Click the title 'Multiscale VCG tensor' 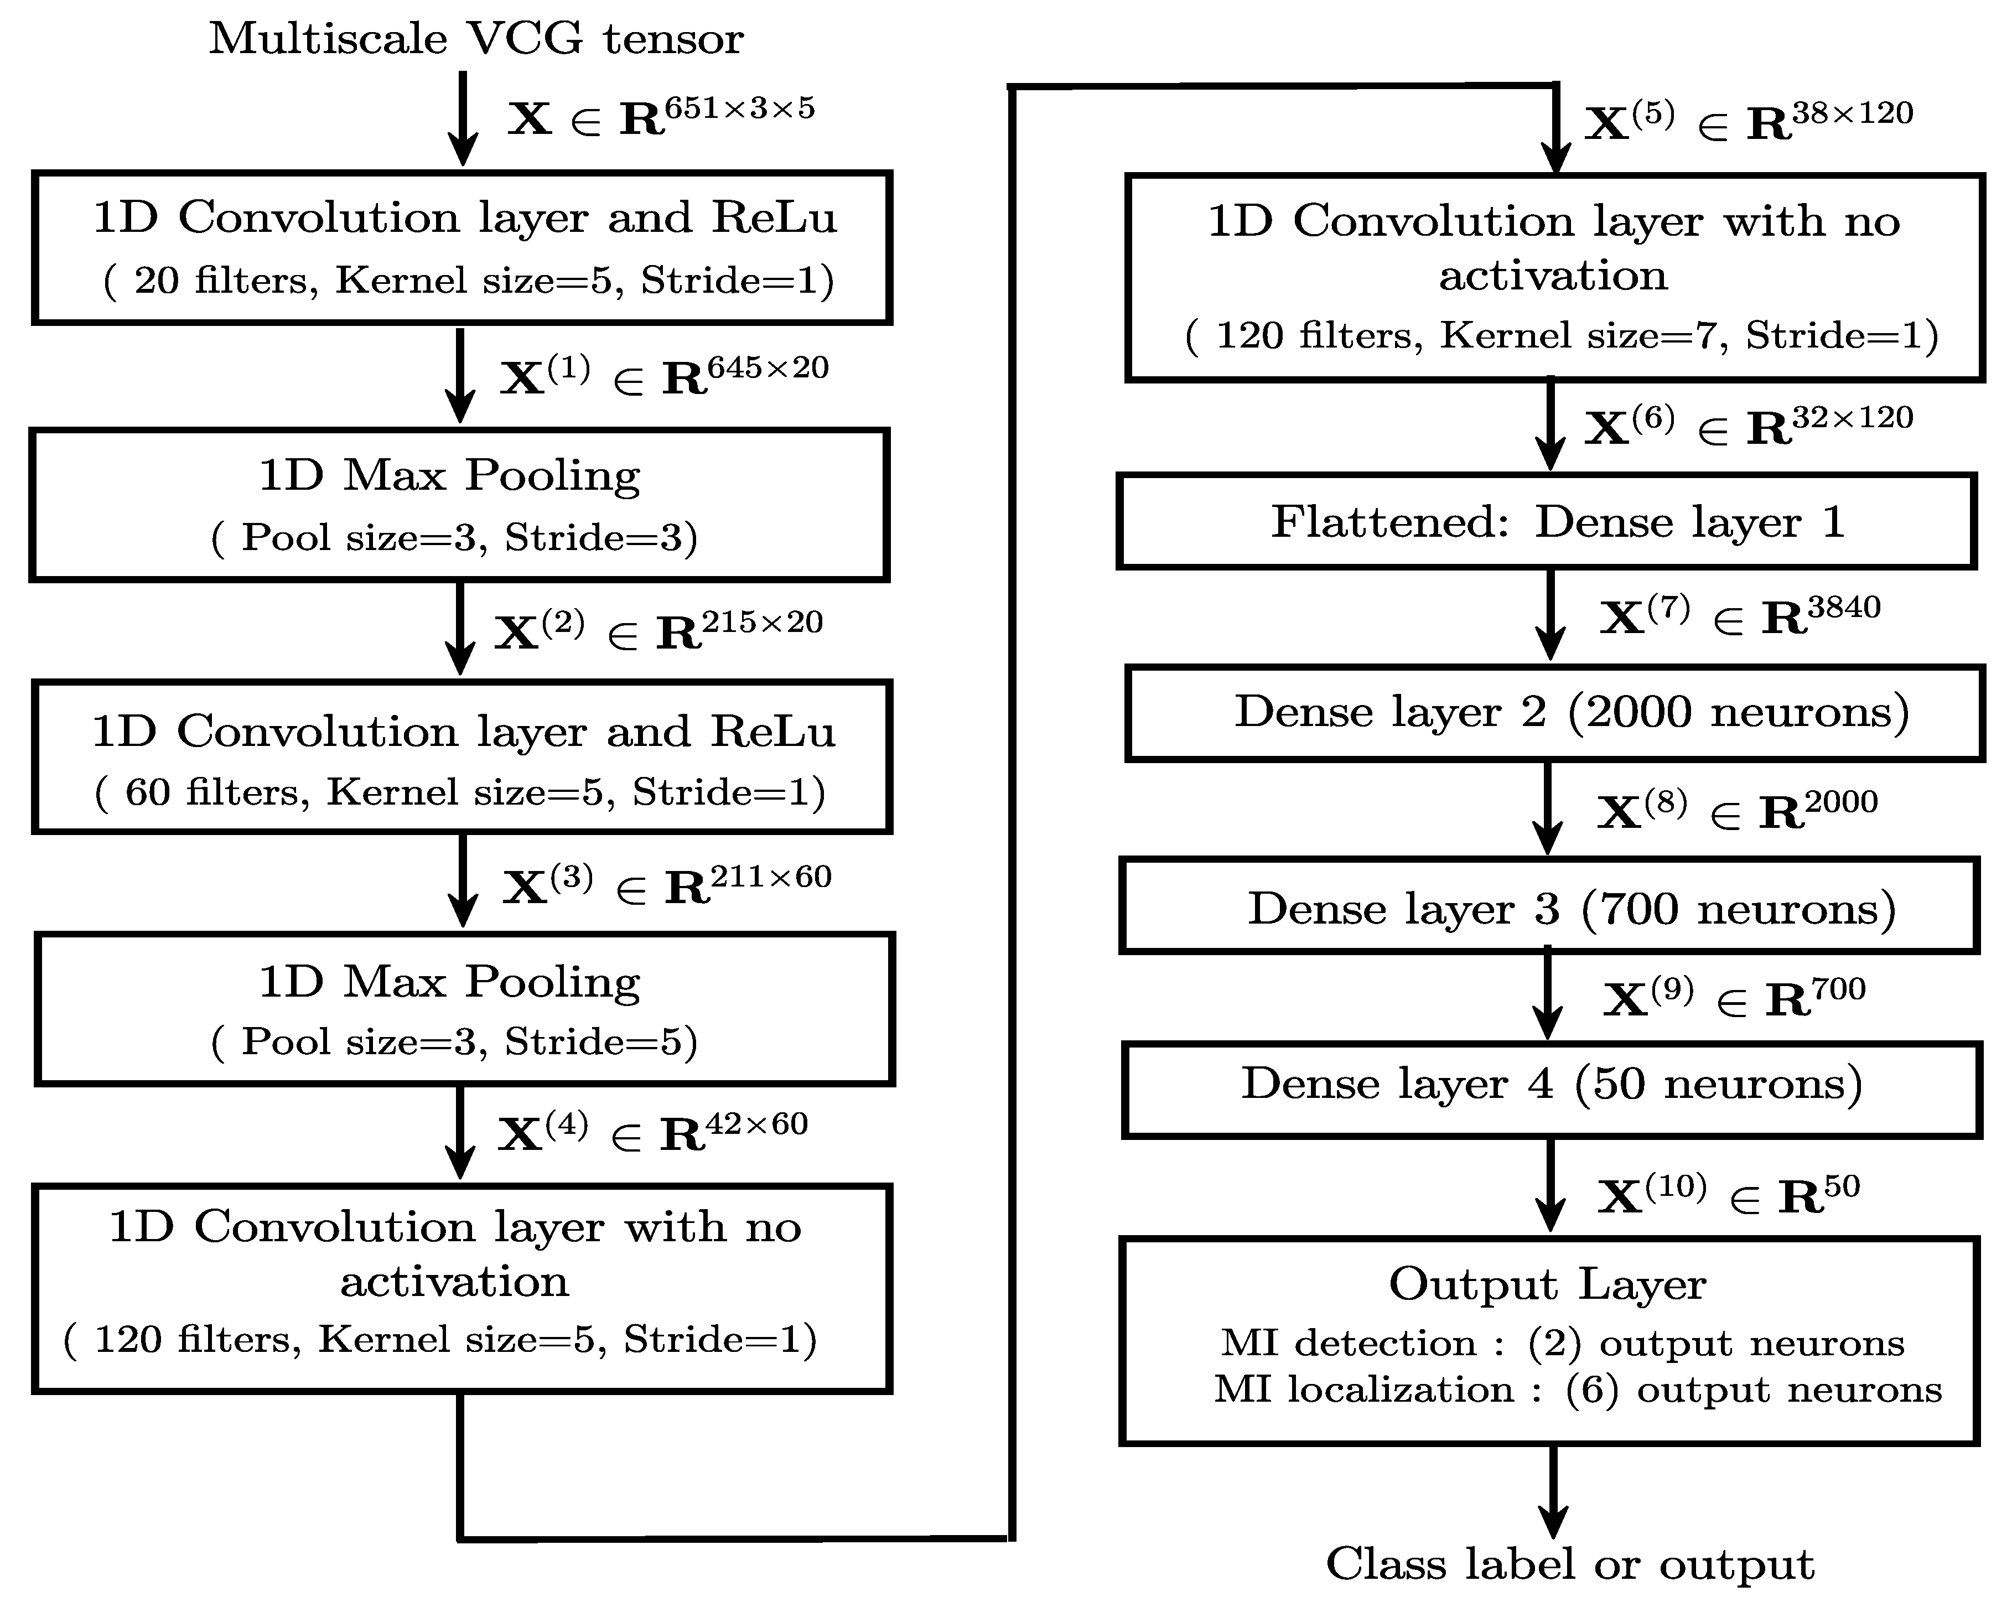(x=476, y=39)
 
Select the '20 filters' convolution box (x=462, y=247)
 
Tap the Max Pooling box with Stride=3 (x=459, y=505)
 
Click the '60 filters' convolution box (x=462, y=757)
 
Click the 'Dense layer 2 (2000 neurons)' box (x=1554, y=713)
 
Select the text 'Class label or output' (x=1570, y=1564)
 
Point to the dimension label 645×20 (x=767, y=367)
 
